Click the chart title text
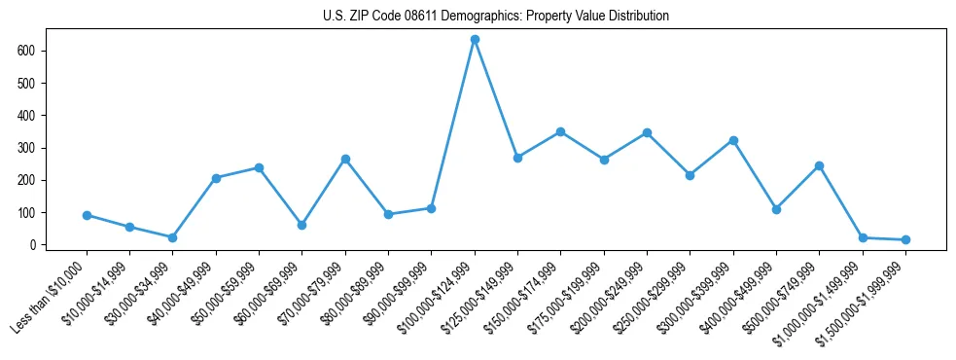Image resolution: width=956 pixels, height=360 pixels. [x=496, y=17]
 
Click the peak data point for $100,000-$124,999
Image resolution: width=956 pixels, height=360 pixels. [x=475, y=40]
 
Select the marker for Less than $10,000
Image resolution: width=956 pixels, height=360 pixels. [x=87, y=215]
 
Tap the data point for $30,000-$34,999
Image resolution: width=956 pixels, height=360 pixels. [x=172, y=237]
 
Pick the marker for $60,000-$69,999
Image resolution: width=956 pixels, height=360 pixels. [x=301, y=225]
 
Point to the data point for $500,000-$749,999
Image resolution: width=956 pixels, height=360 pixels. [x=819, y=165]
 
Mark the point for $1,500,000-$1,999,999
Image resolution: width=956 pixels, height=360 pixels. [x=905, y=239]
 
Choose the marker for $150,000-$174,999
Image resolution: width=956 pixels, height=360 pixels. [x=560, y=131]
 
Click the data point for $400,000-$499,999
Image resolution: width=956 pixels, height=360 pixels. [x=776, y=209]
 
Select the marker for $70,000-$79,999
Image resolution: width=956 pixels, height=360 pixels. [x=345, y=159]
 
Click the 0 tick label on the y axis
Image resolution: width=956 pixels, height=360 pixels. [x=33, y=245]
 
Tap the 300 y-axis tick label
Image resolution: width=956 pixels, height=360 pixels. [x=27, y=148]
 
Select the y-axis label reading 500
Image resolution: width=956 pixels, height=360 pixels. [x=27, y=83]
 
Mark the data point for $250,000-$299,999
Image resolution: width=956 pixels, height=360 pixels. [x=690, y=175]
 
